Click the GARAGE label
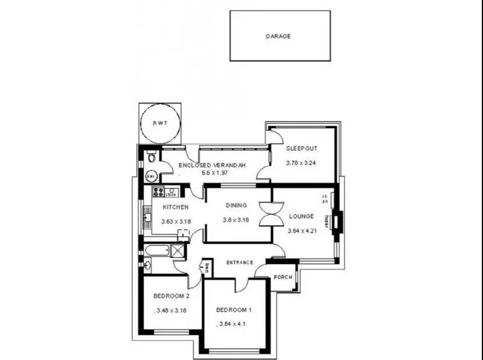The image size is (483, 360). [x=278, y=36]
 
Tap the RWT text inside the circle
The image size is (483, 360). [x=159, y=123]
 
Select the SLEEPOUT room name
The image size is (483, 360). [x=302, y=149]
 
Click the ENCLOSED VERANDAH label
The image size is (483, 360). [x=212, y=164]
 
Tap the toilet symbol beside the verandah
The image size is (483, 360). [x=152, y=159]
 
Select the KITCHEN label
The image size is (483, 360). [x=176, y=207]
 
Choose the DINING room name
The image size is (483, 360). [x=237, y=205]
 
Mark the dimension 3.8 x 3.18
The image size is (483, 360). [x=237, y=220]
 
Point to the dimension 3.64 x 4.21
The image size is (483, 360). [x=302, y=231]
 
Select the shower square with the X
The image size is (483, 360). [x=178, y=251]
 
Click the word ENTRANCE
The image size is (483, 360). [x=239, y=263]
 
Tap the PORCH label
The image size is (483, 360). [x=283, y=277]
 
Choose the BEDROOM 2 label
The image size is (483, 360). [x=171, y=296]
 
